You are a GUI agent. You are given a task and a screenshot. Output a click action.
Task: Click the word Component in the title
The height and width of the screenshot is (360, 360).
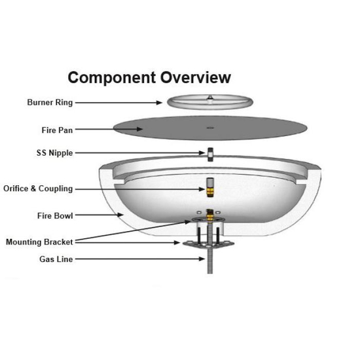112,79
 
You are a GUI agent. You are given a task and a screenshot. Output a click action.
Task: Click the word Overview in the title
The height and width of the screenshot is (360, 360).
196,77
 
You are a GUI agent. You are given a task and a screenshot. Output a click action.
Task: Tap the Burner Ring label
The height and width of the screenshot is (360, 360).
50,102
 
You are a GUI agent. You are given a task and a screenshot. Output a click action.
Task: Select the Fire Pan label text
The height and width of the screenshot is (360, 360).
57,130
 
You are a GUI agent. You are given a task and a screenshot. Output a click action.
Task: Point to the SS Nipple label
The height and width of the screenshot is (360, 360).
54,153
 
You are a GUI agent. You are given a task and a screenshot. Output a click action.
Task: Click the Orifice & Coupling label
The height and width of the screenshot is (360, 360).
38,189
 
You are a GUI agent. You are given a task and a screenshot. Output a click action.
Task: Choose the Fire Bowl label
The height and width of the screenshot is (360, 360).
55,216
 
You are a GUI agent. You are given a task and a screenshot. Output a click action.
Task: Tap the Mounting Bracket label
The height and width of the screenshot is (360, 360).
39,242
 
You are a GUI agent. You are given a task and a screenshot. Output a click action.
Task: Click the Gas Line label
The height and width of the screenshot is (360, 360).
56,259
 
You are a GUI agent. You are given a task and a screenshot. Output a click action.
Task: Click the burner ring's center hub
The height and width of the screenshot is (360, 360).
209,98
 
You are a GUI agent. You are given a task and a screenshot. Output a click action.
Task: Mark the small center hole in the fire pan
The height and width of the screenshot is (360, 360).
210,128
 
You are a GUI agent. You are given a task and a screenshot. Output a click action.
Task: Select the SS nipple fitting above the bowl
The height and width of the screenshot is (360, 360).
210,154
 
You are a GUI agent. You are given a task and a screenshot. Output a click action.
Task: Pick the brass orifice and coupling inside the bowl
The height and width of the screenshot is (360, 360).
210,187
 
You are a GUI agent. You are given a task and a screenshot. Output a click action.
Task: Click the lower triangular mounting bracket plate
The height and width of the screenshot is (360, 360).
208,244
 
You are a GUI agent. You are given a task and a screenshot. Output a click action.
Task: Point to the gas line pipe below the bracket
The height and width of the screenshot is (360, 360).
210,261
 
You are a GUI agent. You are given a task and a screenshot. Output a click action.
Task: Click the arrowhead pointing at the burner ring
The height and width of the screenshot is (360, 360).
159,103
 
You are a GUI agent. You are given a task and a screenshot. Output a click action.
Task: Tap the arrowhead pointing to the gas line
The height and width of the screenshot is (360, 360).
202,259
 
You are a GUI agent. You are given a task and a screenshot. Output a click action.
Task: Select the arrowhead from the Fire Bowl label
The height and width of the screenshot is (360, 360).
120,215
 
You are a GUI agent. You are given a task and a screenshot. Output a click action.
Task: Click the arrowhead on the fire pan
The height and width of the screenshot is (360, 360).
139,129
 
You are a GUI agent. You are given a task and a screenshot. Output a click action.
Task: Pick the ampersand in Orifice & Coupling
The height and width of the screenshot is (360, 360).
33,189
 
